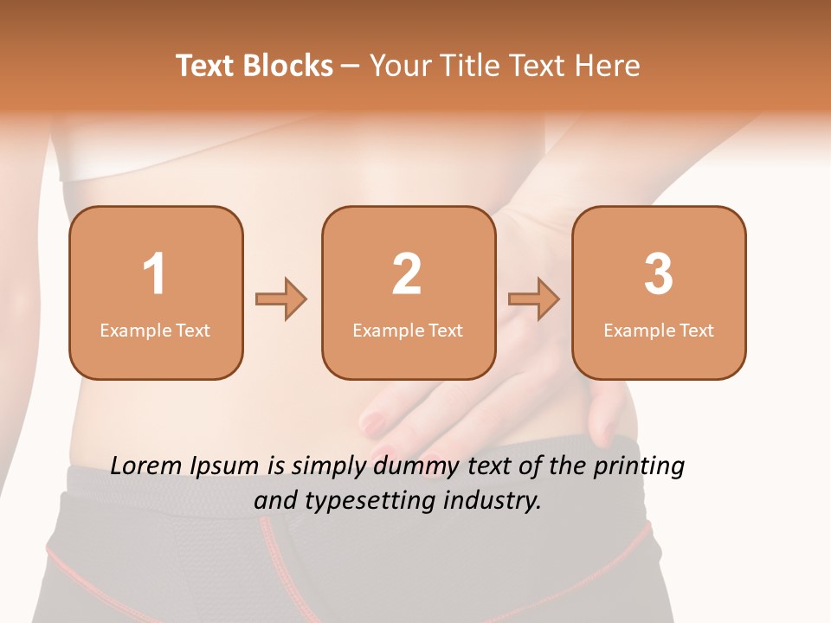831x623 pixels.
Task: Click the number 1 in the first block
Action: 154,274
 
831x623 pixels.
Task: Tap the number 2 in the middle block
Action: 407,274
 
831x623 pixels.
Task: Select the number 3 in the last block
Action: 659,274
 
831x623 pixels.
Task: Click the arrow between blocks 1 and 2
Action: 281,299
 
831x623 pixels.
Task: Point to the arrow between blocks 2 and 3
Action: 534,299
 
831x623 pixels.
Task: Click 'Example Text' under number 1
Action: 155,331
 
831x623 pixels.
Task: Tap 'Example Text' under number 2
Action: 408,331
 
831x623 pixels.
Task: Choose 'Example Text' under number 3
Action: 659,331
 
